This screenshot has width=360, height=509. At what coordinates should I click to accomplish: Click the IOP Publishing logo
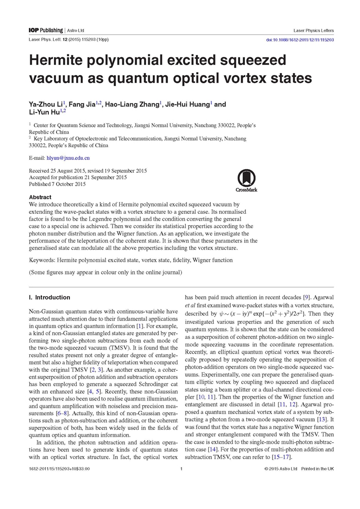(x=46, y=31)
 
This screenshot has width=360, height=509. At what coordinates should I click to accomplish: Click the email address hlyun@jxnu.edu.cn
(x=68, y=158)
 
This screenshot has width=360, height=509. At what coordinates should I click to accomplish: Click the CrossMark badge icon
(x=246, y=180)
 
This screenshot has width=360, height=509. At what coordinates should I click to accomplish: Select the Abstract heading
(x=40, y=197)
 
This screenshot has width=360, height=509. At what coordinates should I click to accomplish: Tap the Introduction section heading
(x=49, y=298)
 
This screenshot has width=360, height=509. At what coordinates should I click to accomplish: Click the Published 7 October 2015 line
(x=57, y=184)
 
